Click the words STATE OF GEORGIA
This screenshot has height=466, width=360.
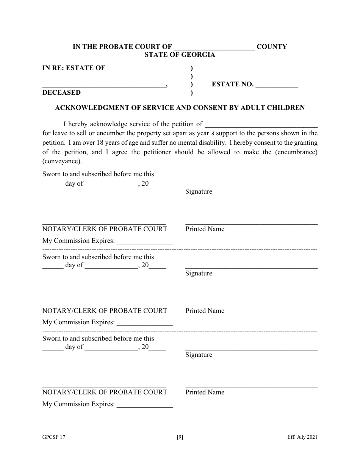(180, 55)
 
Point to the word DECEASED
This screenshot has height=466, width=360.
(61, 92)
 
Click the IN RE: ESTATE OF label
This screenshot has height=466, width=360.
(74, 68)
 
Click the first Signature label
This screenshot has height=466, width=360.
(199, 192)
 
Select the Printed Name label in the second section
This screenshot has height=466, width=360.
(205, 311)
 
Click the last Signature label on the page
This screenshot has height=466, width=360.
(199, 355)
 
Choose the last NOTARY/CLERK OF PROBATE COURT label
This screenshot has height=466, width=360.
(105, 393)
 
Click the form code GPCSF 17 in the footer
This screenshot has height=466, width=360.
(54, 437)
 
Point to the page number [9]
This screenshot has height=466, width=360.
(180, 437)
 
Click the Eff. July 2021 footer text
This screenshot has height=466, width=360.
(302, 437)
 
